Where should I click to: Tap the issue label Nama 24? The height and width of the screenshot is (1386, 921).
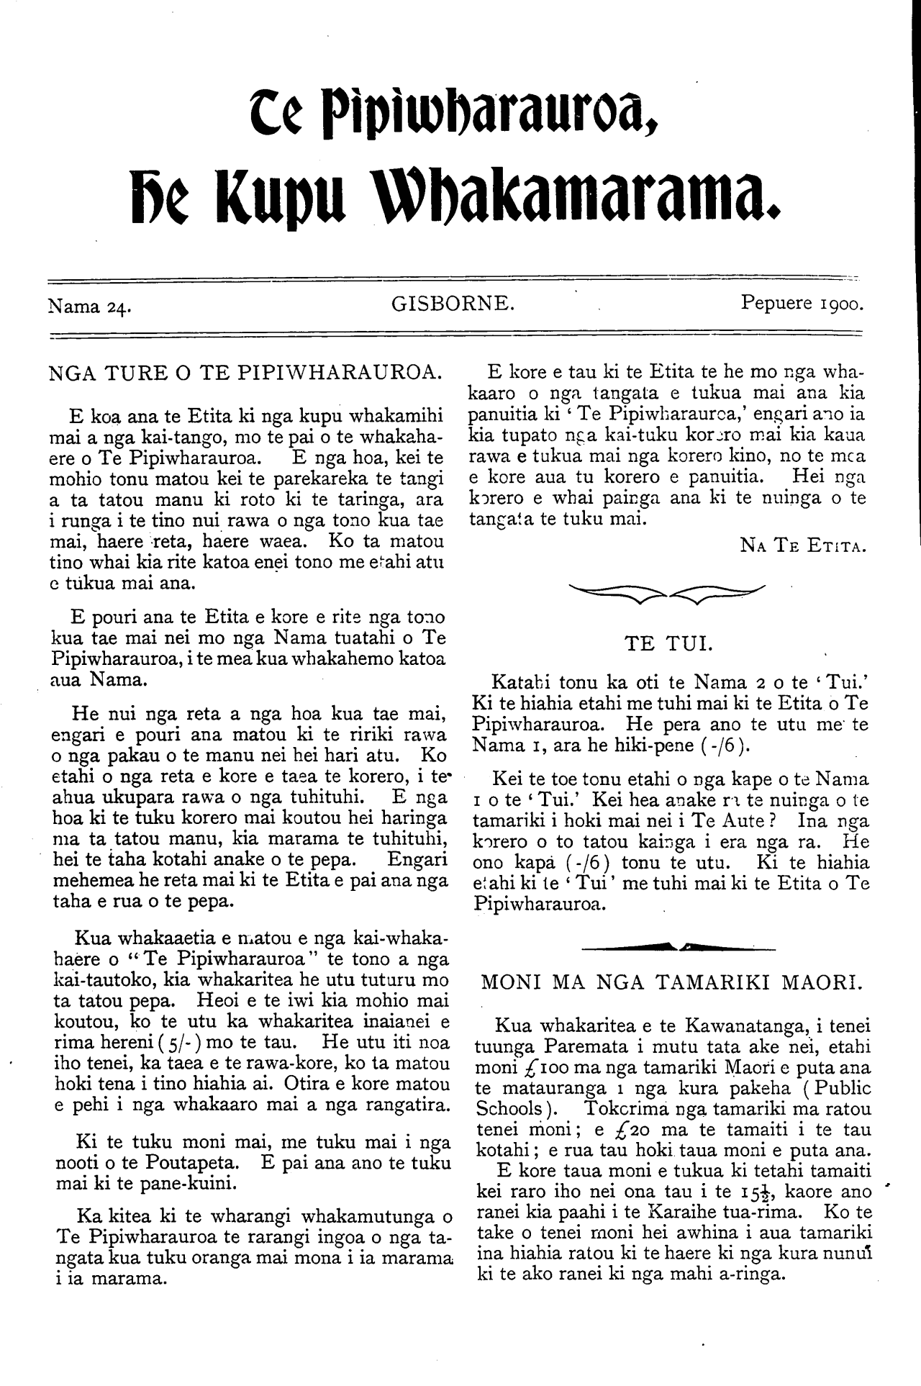[88, 307]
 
